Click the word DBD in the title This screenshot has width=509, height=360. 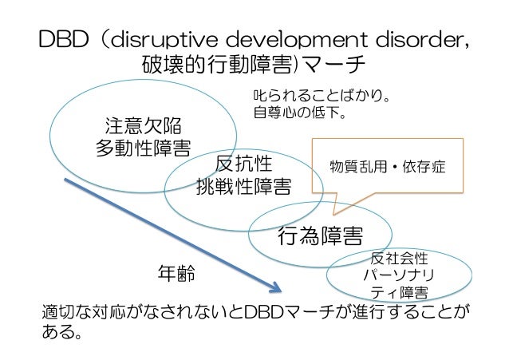coord(57,39)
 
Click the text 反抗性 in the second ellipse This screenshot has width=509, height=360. coord(244,164)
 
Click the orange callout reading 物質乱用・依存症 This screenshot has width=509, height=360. coord(387,169)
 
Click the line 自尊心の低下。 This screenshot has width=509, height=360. coord(298,114)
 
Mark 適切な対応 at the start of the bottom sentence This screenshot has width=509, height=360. coord(84,311)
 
